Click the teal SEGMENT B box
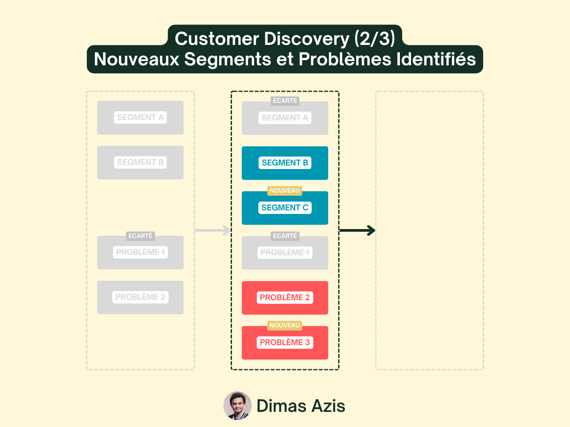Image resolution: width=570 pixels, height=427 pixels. coord(285,163)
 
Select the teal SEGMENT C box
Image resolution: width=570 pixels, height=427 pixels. coord(285,208)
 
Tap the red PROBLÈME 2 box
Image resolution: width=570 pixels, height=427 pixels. coord(285,298)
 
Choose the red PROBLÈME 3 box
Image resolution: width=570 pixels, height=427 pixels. coord(285,343)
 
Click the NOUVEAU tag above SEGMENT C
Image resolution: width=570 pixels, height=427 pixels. coord(285,191)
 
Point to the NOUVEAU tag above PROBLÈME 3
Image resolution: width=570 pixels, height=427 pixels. coord(285,326)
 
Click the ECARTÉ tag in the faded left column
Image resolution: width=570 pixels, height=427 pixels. coord(140,236)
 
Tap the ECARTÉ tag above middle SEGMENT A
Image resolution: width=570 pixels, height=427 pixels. coord(285,101)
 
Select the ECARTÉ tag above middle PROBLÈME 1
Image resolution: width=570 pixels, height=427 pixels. coord(285,236)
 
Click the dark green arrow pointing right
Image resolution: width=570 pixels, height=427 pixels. coord(358,230)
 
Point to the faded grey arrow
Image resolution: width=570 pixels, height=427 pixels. coord(213,230)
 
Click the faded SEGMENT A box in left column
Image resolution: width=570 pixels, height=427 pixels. coord(140,117)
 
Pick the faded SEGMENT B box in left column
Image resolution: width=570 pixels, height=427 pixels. coord(140,162)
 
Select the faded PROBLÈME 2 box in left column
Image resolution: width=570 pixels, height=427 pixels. coord(140,297)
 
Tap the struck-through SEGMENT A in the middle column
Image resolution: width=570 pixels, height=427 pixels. coord(285,118)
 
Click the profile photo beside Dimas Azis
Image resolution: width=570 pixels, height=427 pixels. coord(237,406)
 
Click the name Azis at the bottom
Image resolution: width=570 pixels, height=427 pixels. coord(328,406)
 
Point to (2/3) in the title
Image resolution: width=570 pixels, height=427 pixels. coord(375,39)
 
